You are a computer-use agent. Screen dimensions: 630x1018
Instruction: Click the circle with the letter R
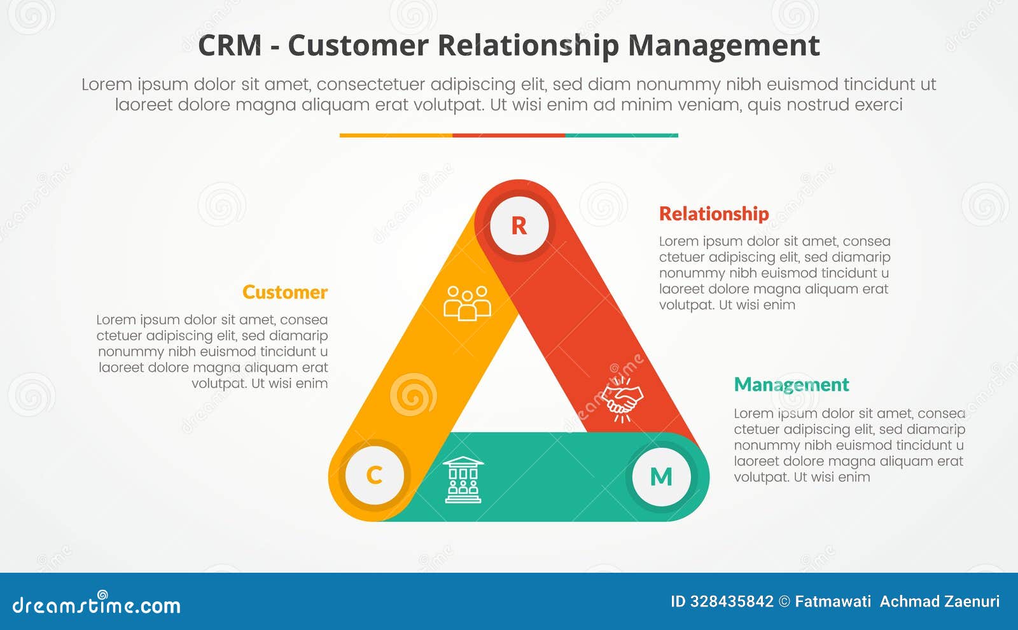519,225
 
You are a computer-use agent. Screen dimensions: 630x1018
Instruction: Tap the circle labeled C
374,475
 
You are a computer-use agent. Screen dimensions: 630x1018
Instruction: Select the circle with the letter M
661,477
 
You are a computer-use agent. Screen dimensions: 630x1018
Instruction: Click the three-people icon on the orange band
467,303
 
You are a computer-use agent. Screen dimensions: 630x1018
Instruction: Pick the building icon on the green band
463,480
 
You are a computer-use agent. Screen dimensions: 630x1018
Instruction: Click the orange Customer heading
284,292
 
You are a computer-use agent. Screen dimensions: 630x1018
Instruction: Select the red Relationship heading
713,214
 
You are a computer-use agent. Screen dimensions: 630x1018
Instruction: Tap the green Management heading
791,384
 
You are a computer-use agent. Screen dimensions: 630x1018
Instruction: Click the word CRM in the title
230,46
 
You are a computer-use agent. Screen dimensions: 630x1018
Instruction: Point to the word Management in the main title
723,46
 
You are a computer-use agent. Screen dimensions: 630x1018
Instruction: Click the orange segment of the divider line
396,136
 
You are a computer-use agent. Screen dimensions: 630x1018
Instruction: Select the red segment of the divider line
508,136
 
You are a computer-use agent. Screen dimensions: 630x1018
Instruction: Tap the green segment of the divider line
622,136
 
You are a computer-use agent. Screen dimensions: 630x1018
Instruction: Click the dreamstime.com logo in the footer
97,604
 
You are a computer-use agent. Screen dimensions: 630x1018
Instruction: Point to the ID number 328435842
731,601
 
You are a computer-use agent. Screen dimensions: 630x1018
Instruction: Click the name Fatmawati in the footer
832,601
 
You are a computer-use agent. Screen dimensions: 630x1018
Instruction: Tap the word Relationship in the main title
528,46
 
